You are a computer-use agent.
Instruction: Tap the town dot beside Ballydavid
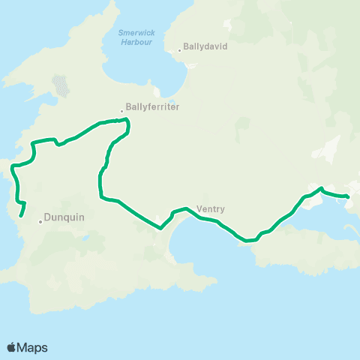click(180, 51)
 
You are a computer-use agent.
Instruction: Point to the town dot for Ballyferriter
click(121, 112)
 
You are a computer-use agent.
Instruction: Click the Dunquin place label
click(64, 217)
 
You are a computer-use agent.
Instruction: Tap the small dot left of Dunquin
click(40, 221)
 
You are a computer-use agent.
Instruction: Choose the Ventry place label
click(210, 209)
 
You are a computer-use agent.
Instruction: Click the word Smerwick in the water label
click(136, 32)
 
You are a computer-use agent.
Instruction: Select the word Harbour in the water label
click(136, 42)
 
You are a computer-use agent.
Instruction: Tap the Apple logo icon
click(11, 347)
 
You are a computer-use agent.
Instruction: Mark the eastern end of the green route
click(349, 197)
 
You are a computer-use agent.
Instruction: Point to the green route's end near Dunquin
click(20, 217)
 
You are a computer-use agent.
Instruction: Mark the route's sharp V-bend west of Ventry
click(160, 229)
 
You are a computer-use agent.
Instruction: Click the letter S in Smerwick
click(121, 32)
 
